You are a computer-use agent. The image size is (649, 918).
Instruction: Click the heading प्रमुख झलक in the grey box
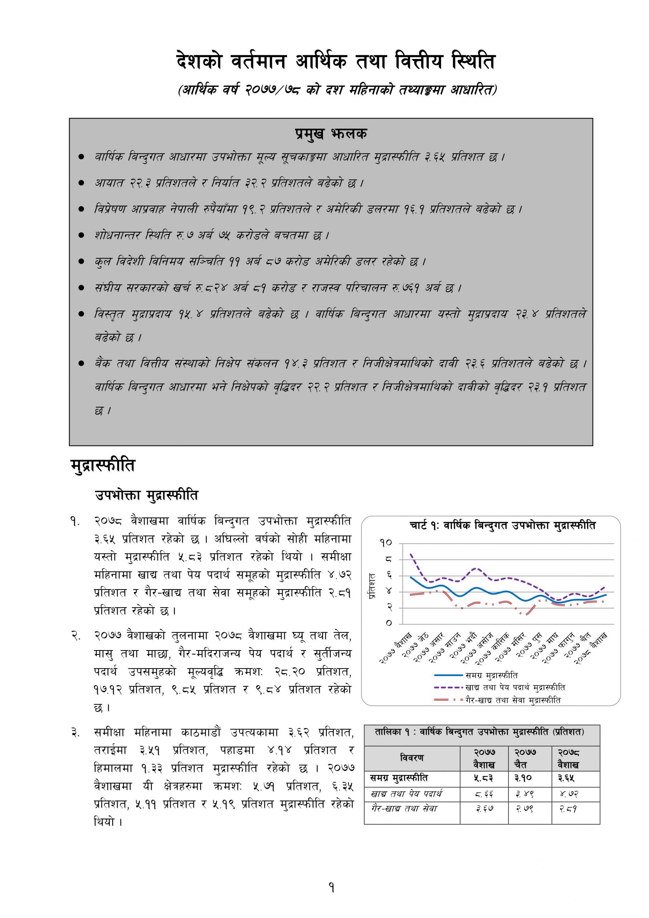pos(331,134)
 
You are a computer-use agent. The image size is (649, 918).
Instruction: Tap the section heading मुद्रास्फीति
pos(103,466)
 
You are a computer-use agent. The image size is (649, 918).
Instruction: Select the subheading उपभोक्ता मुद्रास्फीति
pos(146,495)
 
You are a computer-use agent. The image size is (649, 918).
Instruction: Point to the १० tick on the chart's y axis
pos(386,543)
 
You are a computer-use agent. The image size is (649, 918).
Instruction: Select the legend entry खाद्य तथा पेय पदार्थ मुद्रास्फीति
pos(515,688)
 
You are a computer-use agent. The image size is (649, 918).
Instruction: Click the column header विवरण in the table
pos(412,758)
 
